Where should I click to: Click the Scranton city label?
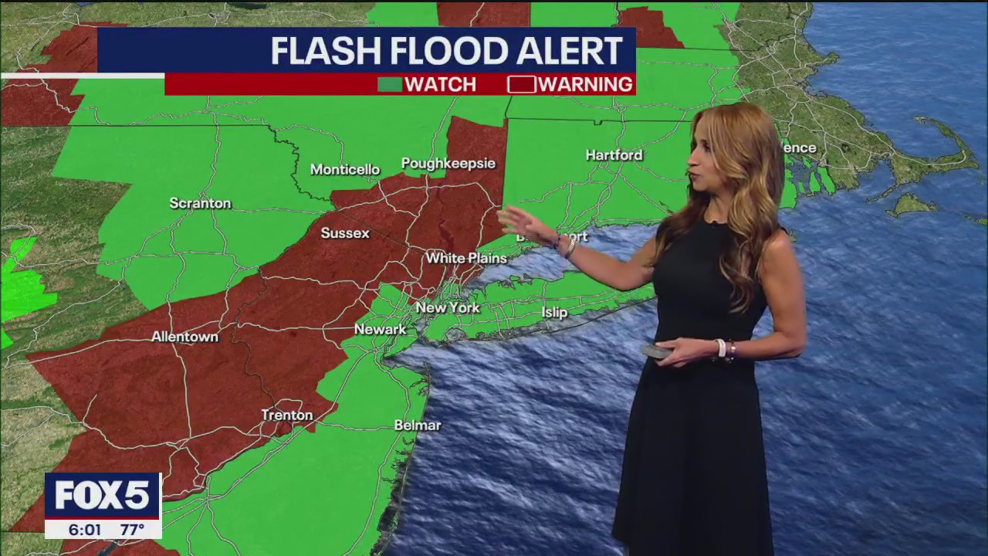pyautogui.click(x=200, y=203)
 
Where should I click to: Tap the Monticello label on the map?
pyautogui.click(x=345, y=169)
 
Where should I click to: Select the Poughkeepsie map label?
pyautogui.click(x=448, y=163)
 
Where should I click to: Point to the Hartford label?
pyautogui.click(x=614, y=154)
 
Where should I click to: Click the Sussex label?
pyautogui.click(x=345, y=232)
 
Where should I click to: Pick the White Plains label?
pyautogui.click(x=466, y=258)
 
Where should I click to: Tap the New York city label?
pyautogui.click(x=448, y=307)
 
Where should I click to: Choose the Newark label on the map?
pyautogui.click(x=380, y=329)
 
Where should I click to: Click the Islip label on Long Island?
pyautogui.click(x=554, y=312)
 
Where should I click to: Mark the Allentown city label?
pyautogui.click(x=184, y=337)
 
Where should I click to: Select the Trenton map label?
pyautogui.click(x=287, y=415)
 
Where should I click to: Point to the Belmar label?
pyautogui.click(x=418, y=425)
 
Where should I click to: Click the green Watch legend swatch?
pyautogui.click(x=389, y=84)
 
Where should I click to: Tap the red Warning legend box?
pyautogui.click(x=521, y=84)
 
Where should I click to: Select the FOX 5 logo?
pyautogui.click(x=103, y=495)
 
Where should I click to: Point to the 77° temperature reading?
pyautogui.click(x=132, y=530)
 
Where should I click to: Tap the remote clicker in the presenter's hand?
pyautogui.click(x=656, y=351)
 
